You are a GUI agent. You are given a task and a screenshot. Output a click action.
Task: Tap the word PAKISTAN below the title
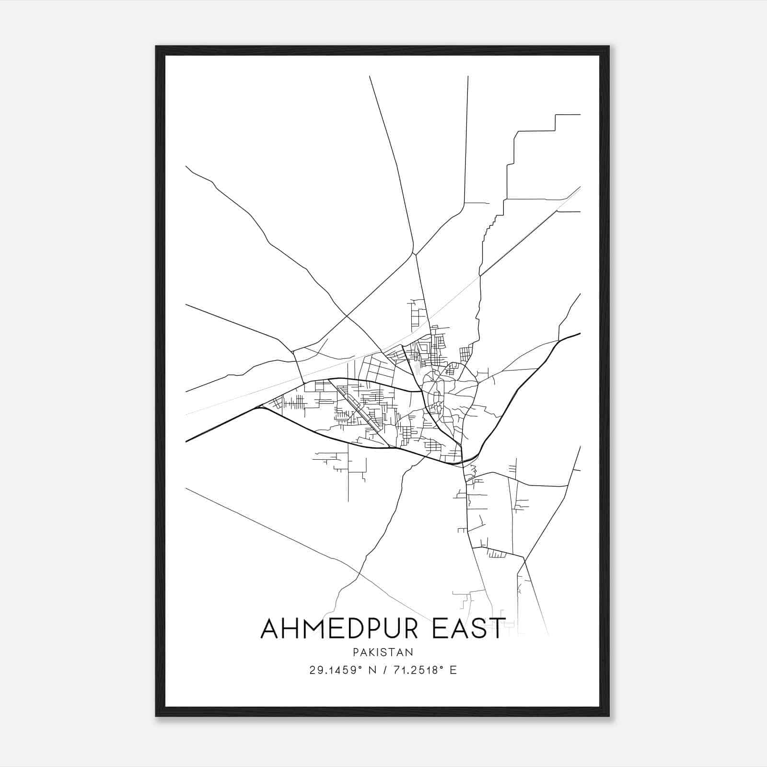point(383,652)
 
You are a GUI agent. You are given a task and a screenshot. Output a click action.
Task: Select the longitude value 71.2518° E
point(424,670)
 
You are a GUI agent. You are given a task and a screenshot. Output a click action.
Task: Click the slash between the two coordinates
point(383,670)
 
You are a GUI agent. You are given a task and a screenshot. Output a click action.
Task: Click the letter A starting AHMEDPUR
point(270,628)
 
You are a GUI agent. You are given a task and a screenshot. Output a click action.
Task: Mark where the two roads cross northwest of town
point(347,316)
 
